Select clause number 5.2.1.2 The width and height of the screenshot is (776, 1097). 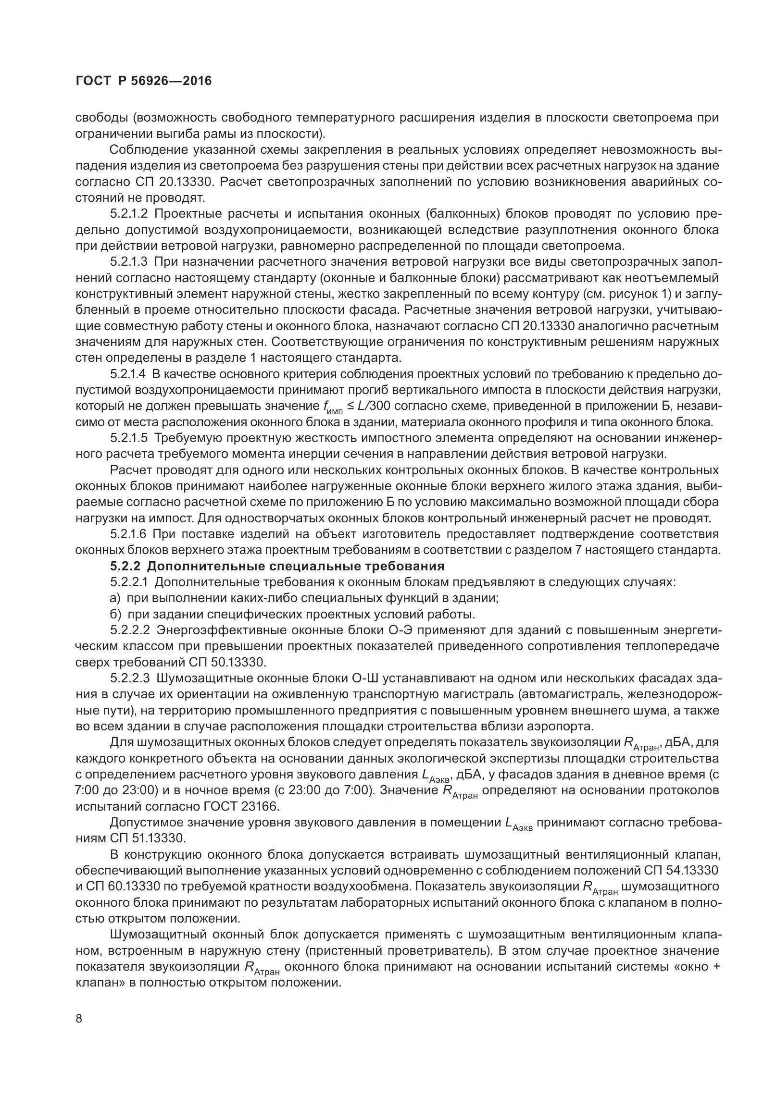[130, 214]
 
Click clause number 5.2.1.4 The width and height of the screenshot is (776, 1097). [130, 374]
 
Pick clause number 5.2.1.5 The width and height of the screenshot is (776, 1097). [130, 438]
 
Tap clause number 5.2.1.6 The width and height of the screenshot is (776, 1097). [130, 534]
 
